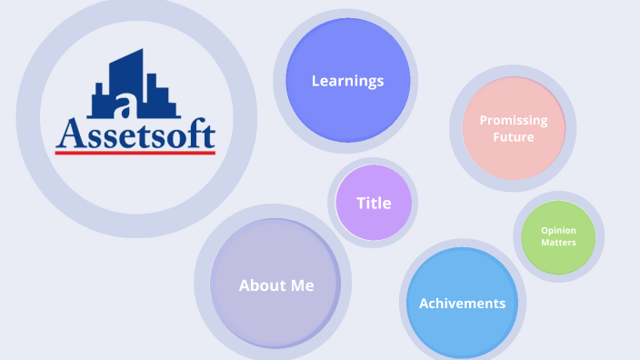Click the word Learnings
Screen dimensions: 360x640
pos(347,81)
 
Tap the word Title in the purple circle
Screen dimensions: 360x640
pos(374,203)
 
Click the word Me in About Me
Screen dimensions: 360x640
pos(304,285)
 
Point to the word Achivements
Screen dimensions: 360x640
pos(462,304)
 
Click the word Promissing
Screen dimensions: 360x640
pos(514,120)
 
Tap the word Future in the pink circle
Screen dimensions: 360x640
pos(514,137)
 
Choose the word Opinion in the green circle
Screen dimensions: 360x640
pos(558,230)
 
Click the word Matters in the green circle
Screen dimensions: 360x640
pos(558,243)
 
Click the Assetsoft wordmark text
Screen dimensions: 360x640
pos(135,134)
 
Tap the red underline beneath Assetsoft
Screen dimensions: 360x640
pos(135,153)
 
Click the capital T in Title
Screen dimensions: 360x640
pos(361,203)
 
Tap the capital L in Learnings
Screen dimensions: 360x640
pos(315,81)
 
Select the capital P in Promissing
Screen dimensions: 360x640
pos(484,120)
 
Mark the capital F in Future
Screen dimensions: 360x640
pos(496,137)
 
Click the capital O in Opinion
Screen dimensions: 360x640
pos(544,230)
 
